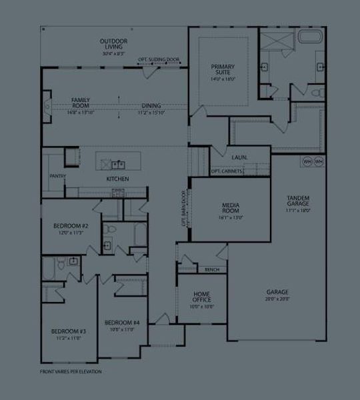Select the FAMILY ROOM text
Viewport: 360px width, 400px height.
(x=81, y=102)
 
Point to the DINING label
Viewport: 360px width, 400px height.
(x=151, y=105)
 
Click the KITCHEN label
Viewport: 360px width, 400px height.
(x=117, y=179)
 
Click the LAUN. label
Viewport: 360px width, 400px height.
(x=240, y=157)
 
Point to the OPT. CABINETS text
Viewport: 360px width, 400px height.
(x=227, y=171)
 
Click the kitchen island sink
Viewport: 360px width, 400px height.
(x=117, y=163)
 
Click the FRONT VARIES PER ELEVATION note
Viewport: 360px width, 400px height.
(x=71, y=371)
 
